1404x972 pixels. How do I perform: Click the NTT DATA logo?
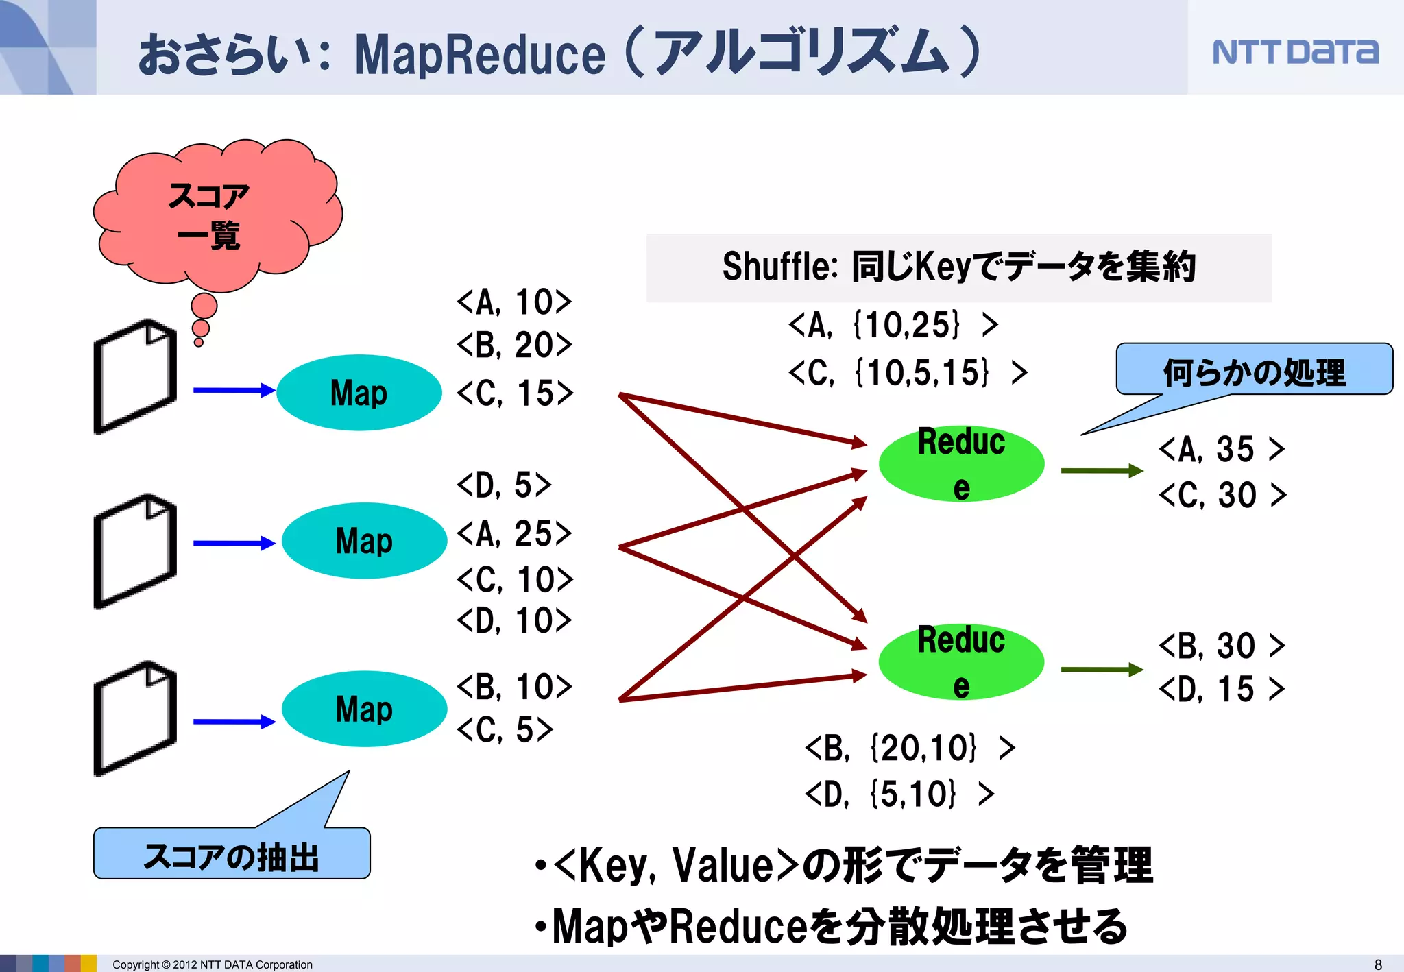[x=1294, y=52]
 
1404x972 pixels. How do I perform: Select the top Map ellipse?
[x=359, y=393]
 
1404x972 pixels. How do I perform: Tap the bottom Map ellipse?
[x=364, y=709]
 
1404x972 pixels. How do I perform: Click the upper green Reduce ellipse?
[x=961, y=464]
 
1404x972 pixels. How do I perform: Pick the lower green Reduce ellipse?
[x=961, y=662]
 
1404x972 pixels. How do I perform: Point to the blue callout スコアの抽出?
[x=232, y=855]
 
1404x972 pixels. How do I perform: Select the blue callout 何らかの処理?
[x=1254, y=371]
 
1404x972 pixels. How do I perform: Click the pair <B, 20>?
[x=514, y=345]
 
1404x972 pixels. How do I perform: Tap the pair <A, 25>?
[x=514, y=533]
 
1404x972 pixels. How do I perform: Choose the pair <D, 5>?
[x=504, y=485]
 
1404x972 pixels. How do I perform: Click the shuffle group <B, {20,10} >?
[x=909, y=748]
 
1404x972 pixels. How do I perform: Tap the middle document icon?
[x=135, y=551]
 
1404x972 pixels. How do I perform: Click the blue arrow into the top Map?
[x=234, y=390]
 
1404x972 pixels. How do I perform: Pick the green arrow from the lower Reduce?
[x=1101, y=669]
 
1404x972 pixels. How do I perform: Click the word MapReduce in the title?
[x=480, y=55]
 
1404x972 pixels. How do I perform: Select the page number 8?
[x=1378, y=964]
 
